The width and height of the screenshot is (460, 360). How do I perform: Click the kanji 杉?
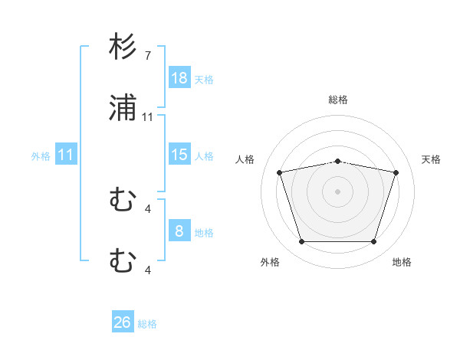tap(123, 48)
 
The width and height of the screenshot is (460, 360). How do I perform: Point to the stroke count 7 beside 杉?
tap(147, 56)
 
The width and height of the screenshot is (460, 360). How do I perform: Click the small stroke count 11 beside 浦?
tap(148, 117)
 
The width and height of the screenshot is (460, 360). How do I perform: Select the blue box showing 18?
tap(179, 78)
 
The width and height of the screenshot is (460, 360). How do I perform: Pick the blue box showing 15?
tap(179, 155)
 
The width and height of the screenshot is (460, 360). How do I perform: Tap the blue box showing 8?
tap(179, 231)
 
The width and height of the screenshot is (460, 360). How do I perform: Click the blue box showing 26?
tap(123, 322)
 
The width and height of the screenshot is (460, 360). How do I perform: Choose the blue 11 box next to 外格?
tap(66, 155)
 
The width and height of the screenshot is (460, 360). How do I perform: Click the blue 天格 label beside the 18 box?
tap(204, 79)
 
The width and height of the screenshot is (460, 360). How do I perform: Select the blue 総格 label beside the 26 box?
tap(147, 324)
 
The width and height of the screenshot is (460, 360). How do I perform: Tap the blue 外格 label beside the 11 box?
tap(41, 155)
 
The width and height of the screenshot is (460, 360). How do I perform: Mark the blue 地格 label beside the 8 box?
tap(204, 232)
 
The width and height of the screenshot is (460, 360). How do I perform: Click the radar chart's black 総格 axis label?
tap(338, 100)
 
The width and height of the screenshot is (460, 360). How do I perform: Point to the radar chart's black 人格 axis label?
tap(246, 159)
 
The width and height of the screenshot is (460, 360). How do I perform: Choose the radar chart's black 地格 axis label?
tap(402, 262)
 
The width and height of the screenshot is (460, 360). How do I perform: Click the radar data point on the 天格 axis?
tap(396, 172)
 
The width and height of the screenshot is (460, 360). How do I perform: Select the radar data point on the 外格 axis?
tap(301, 242)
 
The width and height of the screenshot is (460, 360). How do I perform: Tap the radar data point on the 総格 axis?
tap(338, 161)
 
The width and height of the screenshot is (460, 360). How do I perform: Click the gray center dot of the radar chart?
tap(338, 191)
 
